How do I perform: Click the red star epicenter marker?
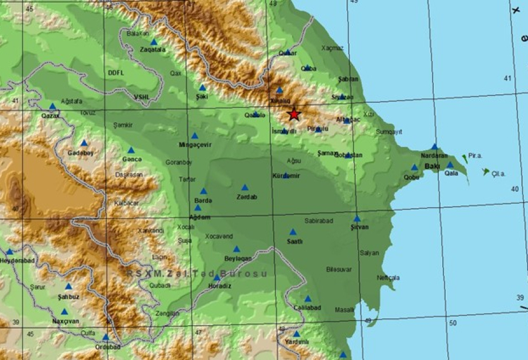point(294,114)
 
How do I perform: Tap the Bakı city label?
point(431,166)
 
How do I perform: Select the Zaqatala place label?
point(153,50)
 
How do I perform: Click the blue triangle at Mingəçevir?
point(194,136)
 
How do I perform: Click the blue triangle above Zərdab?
point(245,187)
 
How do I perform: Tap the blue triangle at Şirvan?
point(357,218)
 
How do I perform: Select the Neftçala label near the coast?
point(388,278)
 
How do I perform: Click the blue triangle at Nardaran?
point(434,147)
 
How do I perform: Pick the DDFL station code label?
point(116,73)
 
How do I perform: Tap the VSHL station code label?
point(141,97)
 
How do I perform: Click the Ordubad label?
point(107,347)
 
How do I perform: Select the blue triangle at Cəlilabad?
point(307,298)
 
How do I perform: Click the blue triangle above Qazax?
point(53,106)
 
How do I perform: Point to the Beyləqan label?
point(238,258)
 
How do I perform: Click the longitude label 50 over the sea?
point(453,323)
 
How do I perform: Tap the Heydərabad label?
point(18,261)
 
